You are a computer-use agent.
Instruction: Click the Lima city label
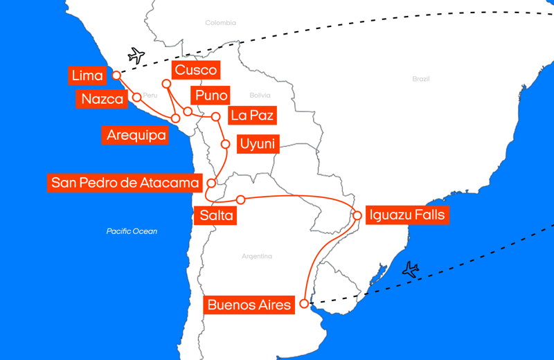pyautogui.click(x=87, y=75)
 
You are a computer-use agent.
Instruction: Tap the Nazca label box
pyautogui.click(x=102, y=99)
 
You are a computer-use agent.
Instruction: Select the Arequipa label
pyautogui.click(x=136, y=135)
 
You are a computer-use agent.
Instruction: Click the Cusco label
pyautogui.click(x=196, y=70)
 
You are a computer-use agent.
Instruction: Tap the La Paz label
pyautogui.click(x=252, y=115)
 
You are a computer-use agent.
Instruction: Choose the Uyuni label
pyautogui.click(x=257, y=144)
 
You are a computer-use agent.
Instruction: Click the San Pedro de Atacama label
pyautogui.click(x=125, y=183)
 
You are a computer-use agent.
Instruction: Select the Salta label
pyautogui.click(x=217, y=215)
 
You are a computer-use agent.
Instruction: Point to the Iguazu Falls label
pyautogui.click(x=407, y=215)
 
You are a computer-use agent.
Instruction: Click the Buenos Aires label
pyautogui.click(x=249, y=305)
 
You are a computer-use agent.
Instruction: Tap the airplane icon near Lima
pyautogui.click(x=136, y=56)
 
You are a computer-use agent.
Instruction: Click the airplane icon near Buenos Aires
pyautogui.click(x=411, y=269)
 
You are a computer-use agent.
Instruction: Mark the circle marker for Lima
pyautogui.click(x=117, y=75)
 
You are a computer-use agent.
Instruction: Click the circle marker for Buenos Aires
pyautogui.click(x=304, y=304)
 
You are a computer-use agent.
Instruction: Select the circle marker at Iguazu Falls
pyautogui.click(x=357, y=215)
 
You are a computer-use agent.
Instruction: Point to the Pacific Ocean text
pyautogui.click(x=132, y=231)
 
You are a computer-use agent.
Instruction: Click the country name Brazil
pyautogui.click(x=420, y=79)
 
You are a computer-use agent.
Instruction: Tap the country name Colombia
pyautogui.click(x=220, y=23)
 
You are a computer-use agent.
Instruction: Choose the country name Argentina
pyautogui.click(x=257, y=256)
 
